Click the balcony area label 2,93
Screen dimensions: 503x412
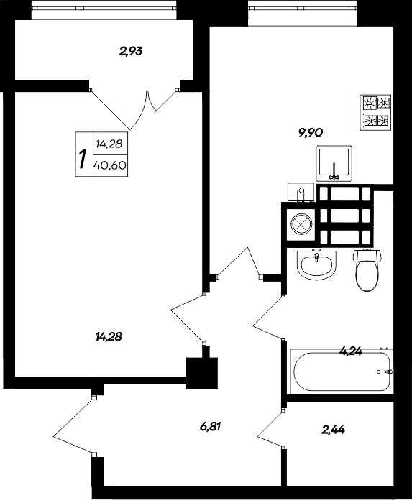(132, 51)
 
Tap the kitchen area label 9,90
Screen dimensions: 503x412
(310, 131)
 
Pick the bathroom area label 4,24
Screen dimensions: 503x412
(351, 351)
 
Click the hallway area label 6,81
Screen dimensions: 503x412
(210, 426)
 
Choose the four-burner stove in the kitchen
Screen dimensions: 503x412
(376, 111)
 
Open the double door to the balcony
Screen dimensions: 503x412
(134, 103)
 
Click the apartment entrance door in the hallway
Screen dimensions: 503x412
(74, 425)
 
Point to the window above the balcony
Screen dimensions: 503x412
(104, 9)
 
